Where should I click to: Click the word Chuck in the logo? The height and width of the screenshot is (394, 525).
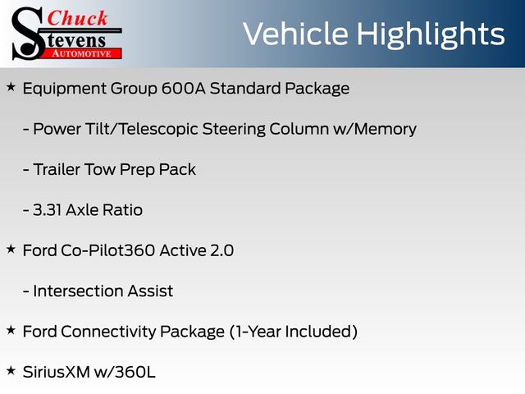coord(77,18)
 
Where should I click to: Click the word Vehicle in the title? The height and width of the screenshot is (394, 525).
coord(295,34)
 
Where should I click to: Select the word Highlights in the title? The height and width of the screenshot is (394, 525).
coord(430,34)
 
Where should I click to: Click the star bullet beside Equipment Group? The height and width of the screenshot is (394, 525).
coord(11,87)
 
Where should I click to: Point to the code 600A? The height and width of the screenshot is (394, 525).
coord(183,89)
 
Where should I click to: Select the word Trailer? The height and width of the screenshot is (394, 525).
coord(57,169)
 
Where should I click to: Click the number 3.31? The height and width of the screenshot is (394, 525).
coord(47,210)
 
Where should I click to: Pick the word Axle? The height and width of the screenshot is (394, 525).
coord(82,210)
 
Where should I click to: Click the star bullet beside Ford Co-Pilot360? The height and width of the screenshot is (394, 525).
coord(11,250)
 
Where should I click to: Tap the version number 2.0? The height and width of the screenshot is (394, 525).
coord(221,250)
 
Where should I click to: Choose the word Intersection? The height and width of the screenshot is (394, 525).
coord(78,291)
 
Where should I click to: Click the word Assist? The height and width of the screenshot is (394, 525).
coord(150,291)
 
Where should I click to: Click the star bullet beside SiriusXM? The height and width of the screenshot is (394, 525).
coord(11,371)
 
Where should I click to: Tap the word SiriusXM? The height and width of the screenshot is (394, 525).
coord(57,372)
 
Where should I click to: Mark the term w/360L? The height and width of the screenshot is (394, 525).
coord(125,372)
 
